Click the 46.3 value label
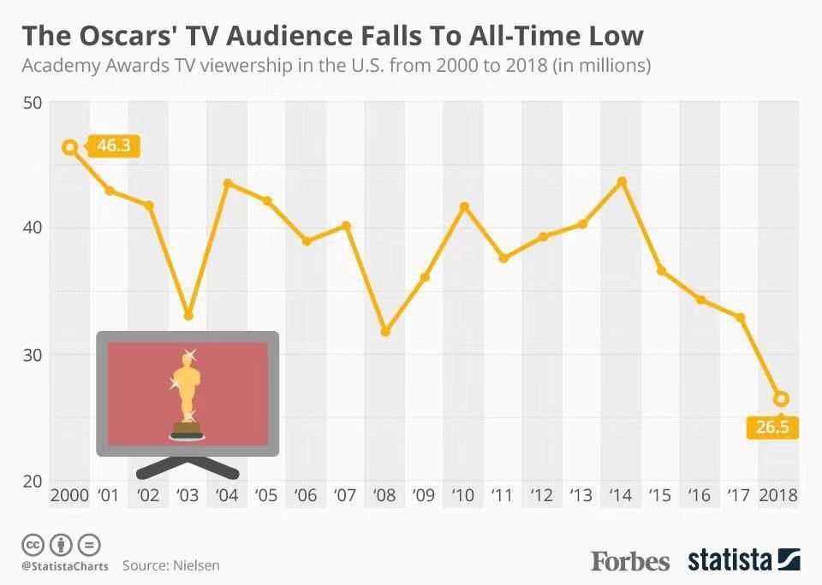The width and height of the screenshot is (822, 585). pos(112,146)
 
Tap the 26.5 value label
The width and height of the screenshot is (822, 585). pos(772,427)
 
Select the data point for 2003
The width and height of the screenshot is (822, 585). pos(188,316)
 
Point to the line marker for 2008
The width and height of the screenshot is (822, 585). pos(385,331)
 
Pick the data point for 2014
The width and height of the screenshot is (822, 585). pos(622,181)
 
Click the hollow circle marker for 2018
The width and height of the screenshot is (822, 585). pos(781,399)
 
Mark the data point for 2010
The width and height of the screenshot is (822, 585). pos(464,206)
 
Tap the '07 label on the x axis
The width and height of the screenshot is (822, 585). pos(344,495)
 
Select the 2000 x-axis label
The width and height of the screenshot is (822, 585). pos(69,495)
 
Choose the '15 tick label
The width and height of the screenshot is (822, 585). pos(659,495)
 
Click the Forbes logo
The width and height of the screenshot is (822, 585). pos(630,561)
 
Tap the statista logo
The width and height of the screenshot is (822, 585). pos(743,561)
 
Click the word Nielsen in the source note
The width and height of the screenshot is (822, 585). pos(195,565)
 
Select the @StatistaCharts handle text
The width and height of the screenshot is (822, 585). pos(65,566)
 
